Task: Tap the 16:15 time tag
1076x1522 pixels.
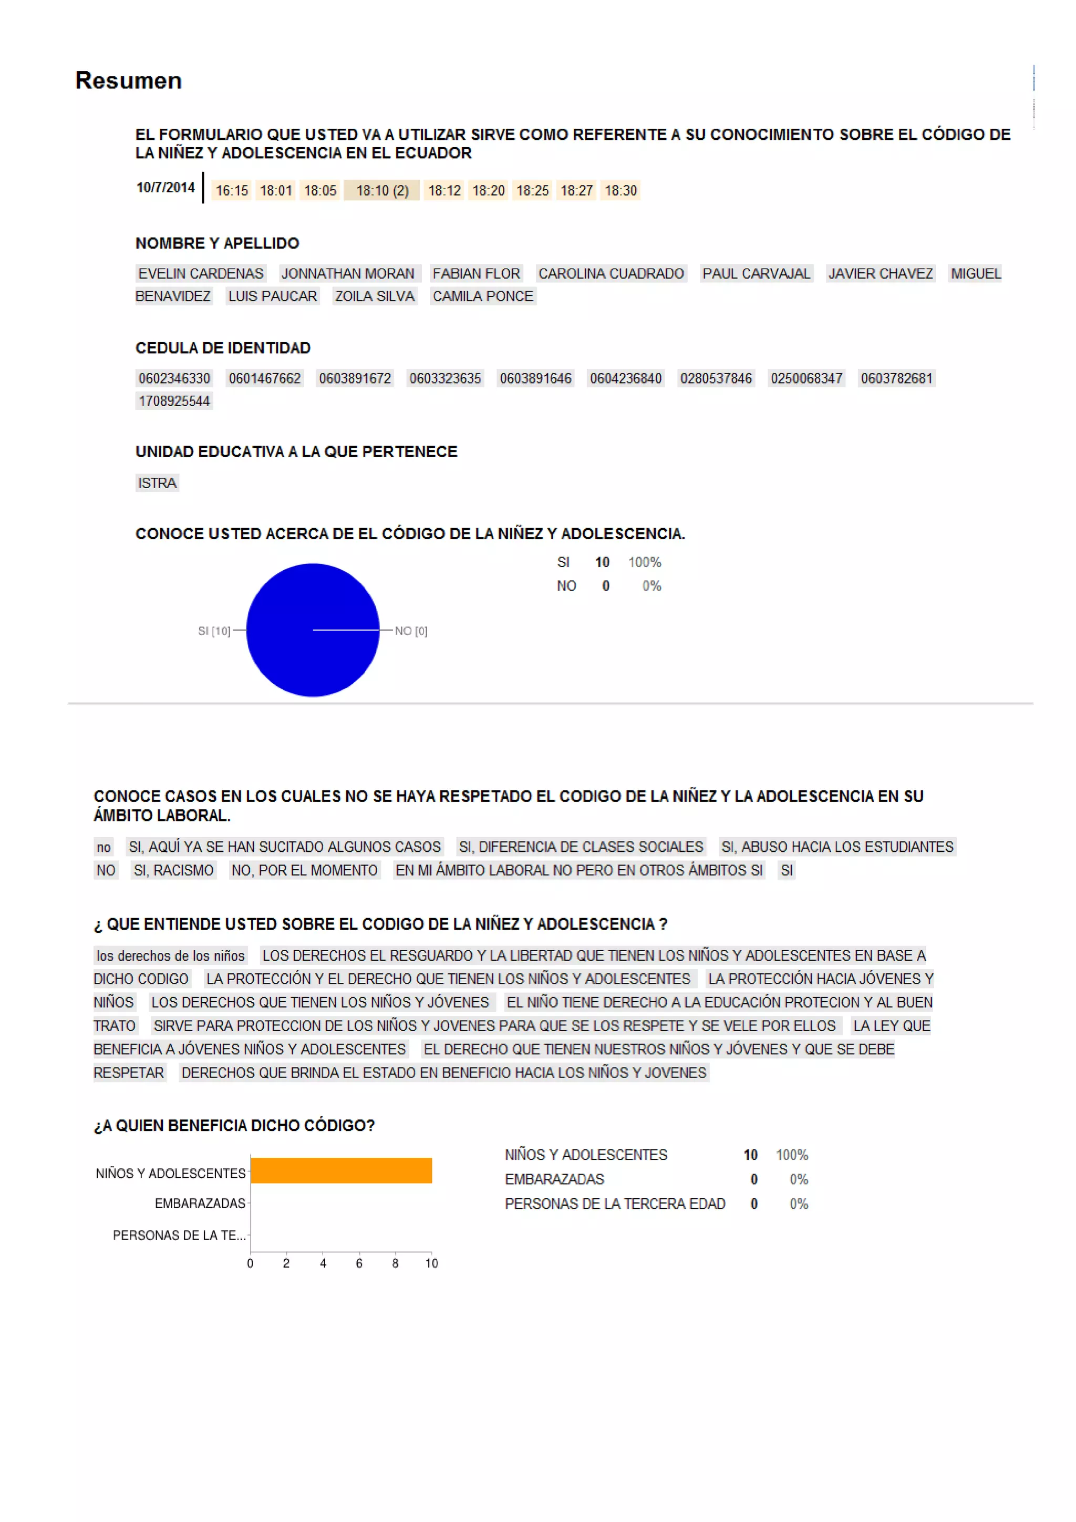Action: point(231,191)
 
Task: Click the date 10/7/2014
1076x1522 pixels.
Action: point(165,188)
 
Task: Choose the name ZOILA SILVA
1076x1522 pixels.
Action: point(375,296)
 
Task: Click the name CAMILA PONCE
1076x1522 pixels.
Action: point(482,296)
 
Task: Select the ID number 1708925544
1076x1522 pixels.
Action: point(173,401)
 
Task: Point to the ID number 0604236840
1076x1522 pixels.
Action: point(625,378)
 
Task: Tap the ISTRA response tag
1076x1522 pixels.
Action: point(157,484)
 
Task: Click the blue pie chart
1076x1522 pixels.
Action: point(312,630)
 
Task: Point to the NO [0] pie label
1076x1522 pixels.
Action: point(411,631)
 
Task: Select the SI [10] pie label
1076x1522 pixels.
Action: point(214,631)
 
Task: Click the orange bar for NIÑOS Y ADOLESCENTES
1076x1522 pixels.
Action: point(340,1170)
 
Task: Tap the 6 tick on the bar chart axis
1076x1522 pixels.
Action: point(359,1263)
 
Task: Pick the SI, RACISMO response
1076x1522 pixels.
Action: point(173,870)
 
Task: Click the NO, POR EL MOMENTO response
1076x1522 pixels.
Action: point(304,870)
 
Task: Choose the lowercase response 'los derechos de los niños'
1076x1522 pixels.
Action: point(170,956)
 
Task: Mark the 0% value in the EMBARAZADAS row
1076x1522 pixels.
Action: point(799,1179)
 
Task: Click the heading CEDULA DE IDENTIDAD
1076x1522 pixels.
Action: point(223,348)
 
